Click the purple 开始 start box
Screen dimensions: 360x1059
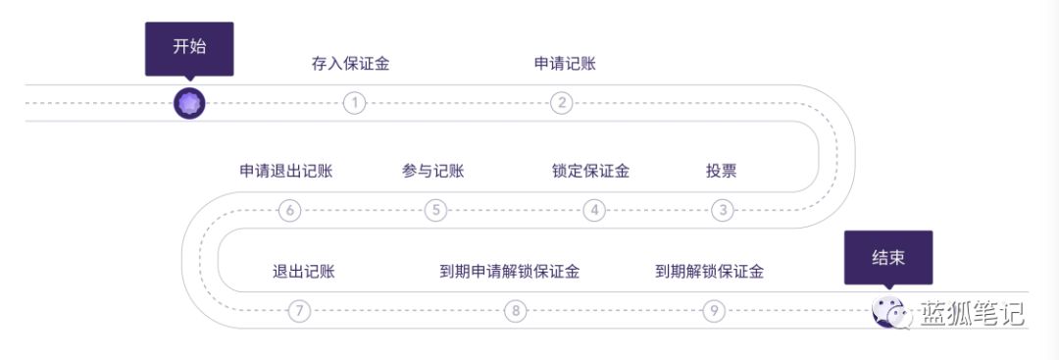coord(189,47)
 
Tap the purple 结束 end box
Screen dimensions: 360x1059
coord(887,258)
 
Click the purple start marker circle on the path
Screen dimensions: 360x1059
coord(189,103)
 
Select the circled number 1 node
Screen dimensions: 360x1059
coord(354,103)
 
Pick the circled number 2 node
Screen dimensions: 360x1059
coord(561,103)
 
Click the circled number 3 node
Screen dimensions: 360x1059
coord(723,210)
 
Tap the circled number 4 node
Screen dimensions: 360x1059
coord(593,210)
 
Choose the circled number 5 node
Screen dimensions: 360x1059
coord(436,210)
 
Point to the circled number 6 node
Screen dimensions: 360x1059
coord(289,210)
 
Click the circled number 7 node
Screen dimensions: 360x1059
coord(299,311)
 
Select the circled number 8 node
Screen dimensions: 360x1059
coord(516,311)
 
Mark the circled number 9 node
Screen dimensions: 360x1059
coord(714,311)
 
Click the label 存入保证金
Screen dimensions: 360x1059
coord(351,65)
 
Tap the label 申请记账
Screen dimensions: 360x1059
coord(565,65)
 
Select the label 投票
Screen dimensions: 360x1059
coord(721,172)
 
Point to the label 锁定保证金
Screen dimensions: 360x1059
coord(590,172)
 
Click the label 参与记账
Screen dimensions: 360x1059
coord(432,172)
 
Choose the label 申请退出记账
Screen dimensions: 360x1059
coord(286,172)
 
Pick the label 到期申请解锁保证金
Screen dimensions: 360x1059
coord(509,272)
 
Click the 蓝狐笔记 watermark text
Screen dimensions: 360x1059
coord(971,314)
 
